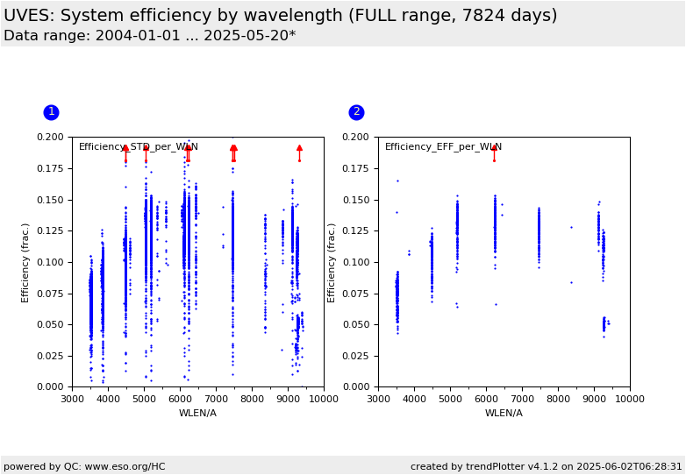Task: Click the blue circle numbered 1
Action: pos(51,112)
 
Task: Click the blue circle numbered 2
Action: pos(356,112)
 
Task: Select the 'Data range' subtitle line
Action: pos(149,36)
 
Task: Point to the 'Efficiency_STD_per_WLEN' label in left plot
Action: pos(139,147)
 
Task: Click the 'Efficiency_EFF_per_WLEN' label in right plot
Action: pos(443,147)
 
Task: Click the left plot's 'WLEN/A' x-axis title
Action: pos(197,413)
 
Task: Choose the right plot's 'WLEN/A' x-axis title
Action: pos(504,413)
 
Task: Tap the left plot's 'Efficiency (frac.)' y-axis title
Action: pos(25,262)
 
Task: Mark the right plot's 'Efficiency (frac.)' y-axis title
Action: pos(332,262)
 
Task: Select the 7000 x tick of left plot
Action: pos(216,399)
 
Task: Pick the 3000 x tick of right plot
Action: pos(378,399)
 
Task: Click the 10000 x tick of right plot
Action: pos(630,399)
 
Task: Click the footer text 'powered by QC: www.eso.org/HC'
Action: pos(84,466)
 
